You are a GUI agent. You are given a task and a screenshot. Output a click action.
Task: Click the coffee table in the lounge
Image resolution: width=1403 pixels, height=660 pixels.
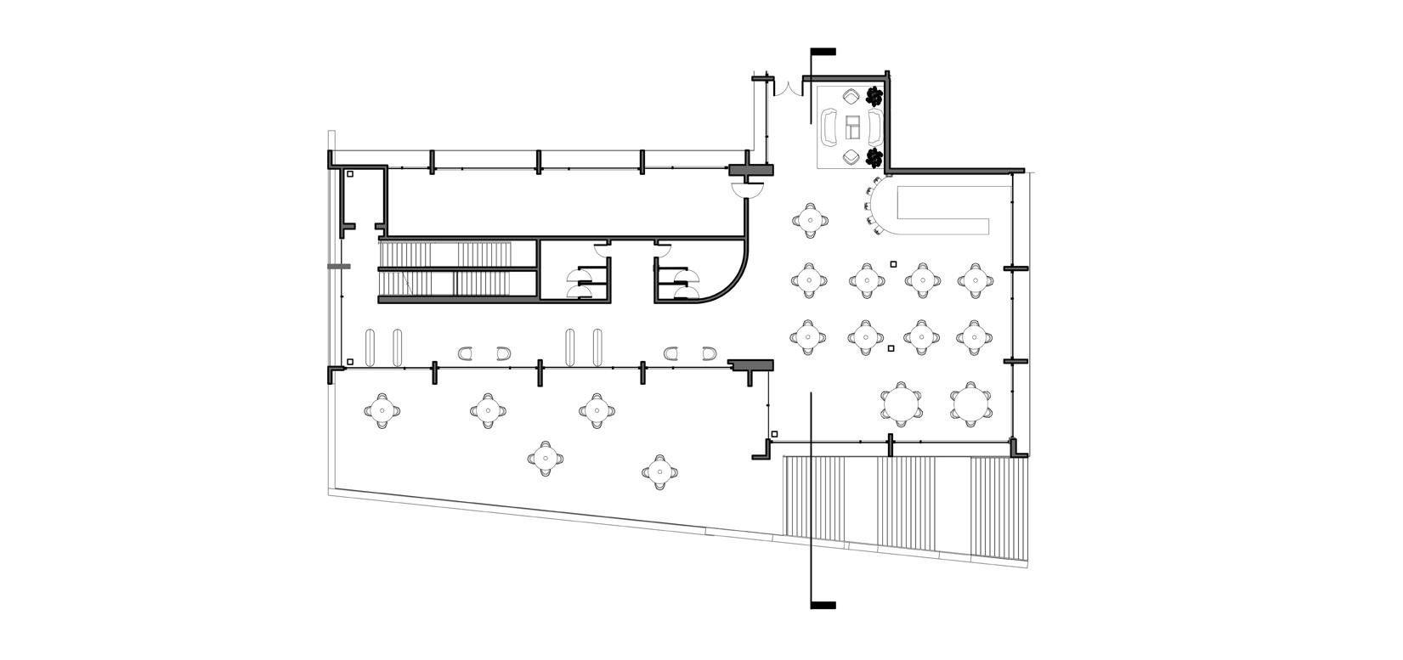tap(852, 127)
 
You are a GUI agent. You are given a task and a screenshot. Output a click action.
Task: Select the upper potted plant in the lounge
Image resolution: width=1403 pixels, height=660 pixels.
tap(874, 95)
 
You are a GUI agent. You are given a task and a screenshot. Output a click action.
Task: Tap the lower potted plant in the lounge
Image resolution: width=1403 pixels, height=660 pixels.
tap(874, 157)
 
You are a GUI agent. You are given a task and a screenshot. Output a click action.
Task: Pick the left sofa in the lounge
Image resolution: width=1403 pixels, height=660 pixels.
tap(829, 128)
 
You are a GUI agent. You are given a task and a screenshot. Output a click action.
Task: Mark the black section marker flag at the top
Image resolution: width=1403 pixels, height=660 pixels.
tap(823, 52)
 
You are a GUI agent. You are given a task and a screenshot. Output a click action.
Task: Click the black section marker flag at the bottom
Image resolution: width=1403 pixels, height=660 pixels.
tap(823, 606)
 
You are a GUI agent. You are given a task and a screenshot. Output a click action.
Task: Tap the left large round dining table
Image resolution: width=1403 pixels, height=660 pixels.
tap(901, 403)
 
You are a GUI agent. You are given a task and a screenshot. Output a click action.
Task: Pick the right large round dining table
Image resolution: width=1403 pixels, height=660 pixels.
tap(970, 403)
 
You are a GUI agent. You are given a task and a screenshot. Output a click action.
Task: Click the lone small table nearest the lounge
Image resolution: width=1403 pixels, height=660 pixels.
tap(810, 220)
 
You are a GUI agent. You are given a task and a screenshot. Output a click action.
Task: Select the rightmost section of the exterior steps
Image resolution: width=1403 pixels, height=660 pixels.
tap(999, 508)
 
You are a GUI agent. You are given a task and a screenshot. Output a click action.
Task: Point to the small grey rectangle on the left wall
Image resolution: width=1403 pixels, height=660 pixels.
tap(339, 267)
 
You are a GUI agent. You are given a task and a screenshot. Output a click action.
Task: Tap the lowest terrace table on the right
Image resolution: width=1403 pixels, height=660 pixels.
tap(659, 471)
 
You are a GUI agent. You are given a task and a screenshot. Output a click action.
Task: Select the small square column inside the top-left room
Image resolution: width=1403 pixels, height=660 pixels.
tap(350, 175)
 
